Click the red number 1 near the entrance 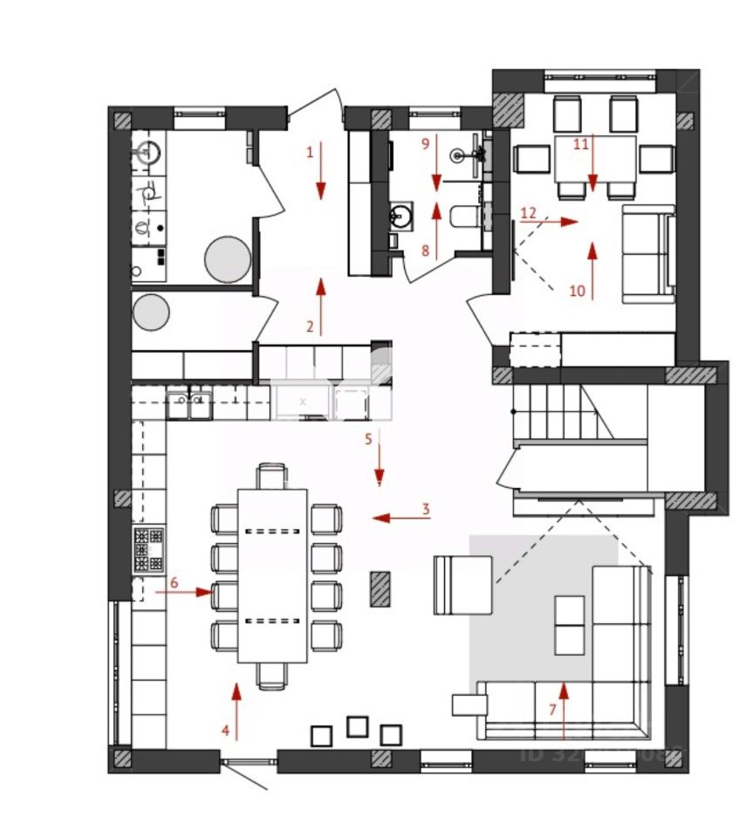tap(309, 152)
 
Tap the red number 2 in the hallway tap(309, 327)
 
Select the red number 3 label tap(426, 509)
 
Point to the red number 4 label tap(225, 732)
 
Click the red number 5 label tap(368, 438)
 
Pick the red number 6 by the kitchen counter tap(174, 581)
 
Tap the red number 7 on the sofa tap(551, 710)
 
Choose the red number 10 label tap(577, 292)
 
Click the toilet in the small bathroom tap(462, 215)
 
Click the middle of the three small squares tap(357, 726)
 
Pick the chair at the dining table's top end tap(271, 477)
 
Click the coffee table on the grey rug tap(570, 624)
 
